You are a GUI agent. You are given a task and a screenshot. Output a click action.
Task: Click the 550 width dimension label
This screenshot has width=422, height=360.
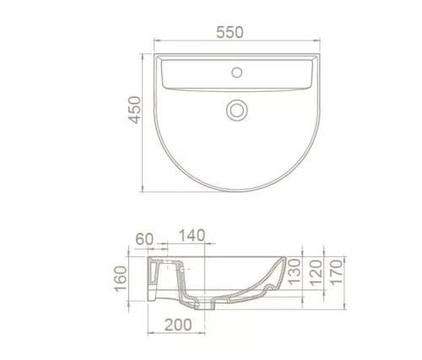tap(230, 32)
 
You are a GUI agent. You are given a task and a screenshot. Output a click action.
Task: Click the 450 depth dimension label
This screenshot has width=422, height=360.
tap(134, 110)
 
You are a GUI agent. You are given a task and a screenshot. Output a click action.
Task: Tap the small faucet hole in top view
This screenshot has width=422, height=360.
tap(236, 73)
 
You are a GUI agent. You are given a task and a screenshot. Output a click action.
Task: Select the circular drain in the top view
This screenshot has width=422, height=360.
tap(237, 110)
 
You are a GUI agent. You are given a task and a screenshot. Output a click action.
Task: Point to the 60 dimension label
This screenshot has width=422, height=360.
tap(144, 239)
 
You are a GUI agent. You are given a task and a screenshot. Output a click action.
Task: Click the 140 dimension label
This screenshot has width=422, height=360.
tap(192, 235)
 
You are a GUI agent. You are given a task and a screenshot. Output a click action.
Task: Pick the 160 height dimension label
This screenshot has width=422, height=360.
tap(121, 279)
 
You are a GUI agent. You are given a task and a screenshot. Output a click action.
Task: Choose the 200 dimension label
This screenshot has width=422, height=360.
tap(178, 325)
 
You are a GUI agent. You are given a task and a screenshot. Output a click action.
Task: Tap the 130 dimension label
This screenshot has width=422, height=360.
tap(295, 271)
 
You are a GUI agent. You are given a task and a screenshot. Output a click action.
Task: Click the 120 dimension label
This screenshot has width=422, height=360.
tap(316, 273)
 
